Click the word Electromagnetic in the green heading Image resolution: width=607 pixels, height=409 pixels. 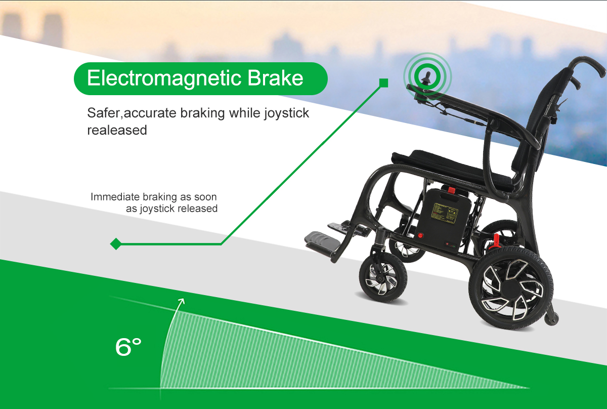[164, 78]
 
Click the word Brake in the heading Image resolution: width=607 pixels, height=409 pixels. [275, 78]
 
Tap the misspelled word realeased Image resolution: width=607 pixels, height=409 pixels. [117, 130]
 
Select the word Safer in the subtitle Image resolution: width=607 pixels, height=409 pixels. [104, 113]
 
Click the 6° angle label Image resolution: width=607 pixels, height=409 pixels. [128, 347]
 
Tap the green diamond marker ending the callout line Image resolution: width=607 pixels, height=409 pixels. [116, 244]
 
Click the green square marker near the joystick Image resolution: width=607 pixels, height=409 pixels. [384, 83]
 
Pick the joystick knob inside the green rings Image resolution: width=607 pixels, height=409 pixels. [427, 77]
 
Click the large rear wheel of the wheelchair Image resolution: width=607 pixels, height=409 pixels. [511, 288]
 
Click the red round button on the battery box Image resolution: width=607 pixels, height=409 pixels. [420, 235]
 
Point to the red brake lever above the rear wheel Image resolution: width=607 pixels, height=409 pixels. [495, 241]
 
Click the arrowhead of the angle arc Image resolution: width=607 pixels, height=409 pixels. [183, 301]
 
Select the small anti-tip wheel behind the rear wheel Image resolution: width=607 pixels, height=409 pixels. [552, 319]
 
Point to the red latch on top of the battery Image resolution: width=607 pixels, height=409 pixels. [451, 190]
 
